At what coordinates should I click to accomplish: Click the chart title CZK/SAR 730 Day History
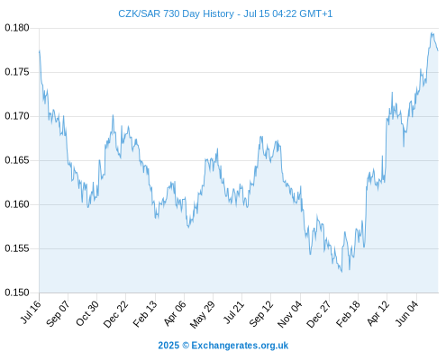[176, 13]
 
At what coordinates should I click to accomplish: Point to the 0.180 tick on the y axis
[17, 28]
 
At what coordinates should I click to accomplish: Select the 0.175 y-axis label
[17, 72]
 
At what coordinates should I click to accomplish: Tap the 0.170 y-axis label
[17, 116]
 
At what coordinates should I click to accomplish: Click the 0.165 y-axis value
[17, 160]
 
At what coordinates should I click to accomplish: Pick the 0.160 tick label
[17, 204]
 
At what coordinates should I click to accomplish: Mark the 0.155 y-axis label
[17, 248]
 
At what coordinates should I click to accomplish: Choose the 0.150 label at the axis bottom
[17, 292]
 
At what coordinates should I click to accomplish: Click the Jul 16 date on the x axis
[31, 312]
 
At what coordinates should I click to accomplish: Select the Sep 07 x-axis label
[58, 313]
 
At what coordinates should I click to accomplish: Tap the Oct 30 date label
[87, 313]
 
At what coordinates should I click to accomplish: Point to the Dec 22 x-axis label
[115, 314]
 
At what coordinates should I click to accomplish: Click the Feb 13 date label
[145, 314]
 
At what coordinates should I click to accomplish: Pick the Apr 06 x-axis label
[175, 313]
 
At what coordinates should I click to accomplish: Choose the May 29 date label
[203, 314]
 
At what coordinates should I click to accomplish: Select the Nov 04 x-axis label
[289, 314]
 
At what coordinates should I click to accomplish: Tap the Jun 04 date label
[406, 313]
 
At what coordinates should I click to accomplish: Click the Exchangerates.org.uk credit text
[240, 346]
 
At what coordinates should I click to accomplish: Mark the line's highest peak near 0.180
[432, 32]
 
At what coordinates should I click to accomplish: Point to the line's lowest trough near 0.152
[341, 272]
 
